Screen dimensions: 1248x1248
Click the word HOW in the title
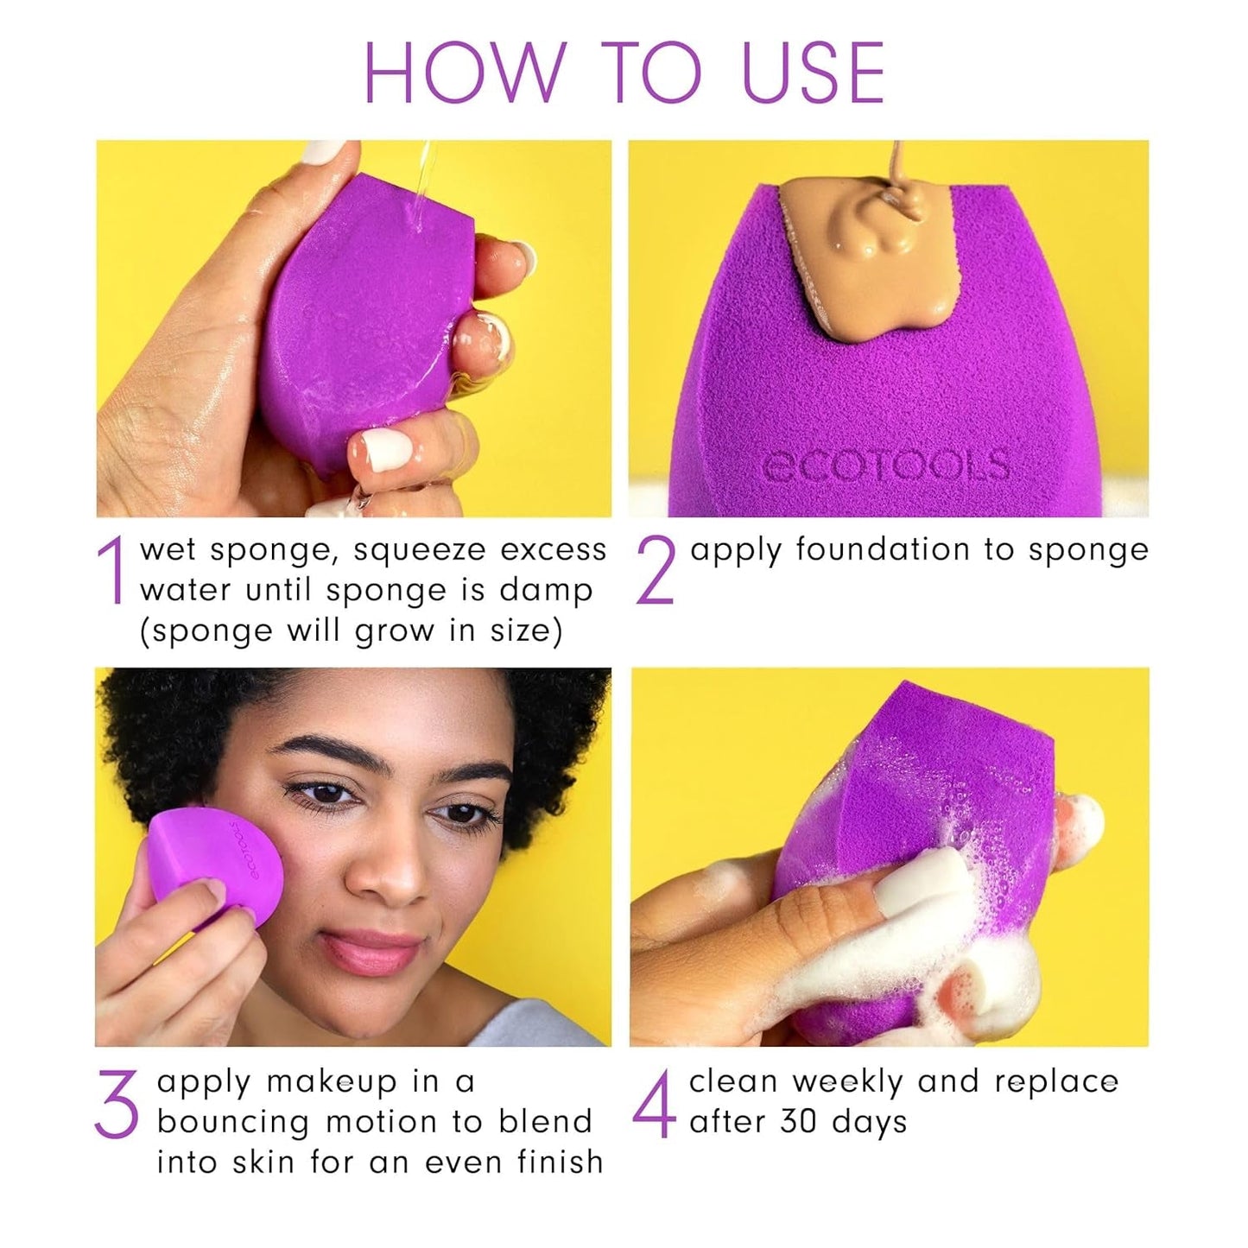click(464, 73)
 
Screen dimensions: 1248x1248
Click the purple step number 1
click(113, 571)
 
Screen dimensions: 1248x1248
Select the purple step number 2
click(655, 571)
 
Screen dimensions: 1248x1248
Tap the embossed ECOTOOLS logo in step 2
click(886, 466)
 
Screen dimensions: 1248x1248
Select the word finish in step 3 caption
click(561, 1162)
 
